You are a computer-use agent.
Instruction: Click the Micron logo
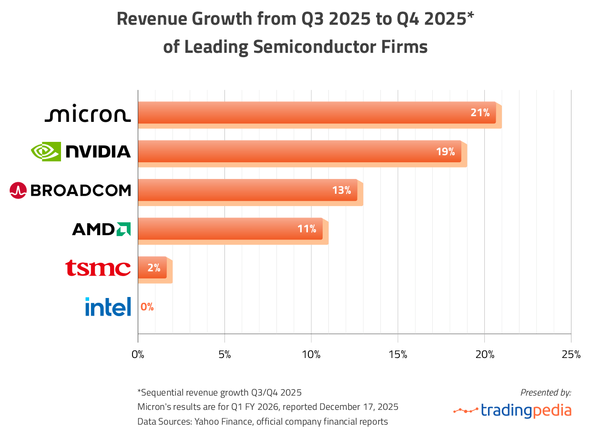pos(87,115)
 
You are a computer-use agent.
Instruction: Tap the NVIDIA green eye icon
pos(46,151)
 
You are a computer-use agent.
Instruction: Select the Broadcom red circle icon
pos(18,190)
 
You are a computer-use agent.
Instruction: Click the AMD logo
pos(101,229)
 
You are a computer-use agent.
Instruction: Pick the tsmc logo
pos(98,268)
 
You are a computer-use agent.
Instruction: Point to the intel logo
pos(108,307)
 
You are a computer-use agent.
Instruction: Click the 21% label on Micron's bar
pos(480,113)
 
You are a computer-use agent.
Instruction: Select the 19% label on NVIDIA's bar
pos(445,152)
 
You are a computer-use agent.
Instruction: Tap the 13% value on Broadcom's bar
pos(341,190)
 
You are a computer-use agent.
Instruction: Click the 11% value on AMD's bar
pos(306,229)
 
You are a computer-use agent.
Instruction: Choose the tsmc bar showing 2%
pos(153,268)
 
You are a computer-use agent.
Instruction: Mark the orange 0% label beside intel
pos(147,307)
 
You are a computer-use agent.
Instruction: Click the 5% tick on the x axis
pos(224,355)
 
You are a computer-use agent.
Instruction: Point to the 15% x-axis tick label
pos(397,355)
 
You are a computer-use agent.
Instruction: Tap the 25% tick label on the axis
pos(571,355)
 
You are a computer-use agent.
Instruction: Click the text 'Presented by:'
pos(545,393)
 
